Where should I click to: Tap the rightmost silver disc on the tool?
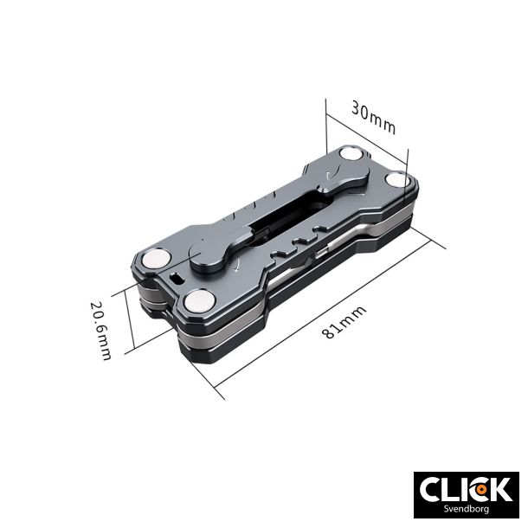point(399,180)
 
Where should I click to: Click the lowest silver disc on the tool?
point(200,302)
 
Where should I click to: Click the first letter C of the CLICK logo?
point(431,490)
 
